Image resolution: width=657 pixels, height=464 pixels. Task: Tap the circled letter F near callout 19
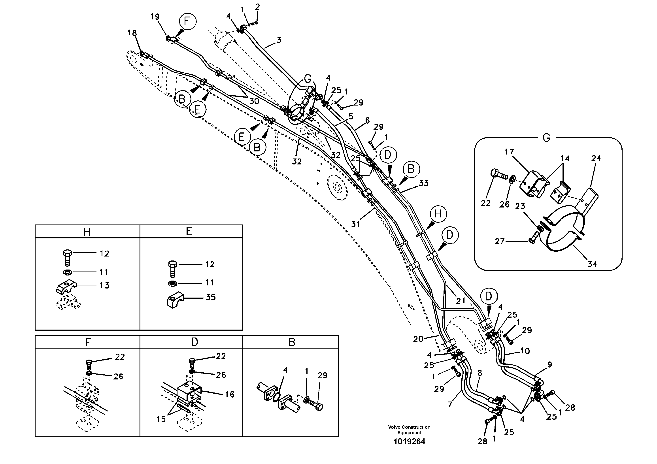tap(187, 21)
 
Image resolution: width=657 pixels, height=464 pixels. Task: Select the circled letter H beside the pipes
tap(438, 214)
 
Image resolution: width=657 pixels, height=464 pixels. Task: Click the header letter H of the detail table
tap(87, 232)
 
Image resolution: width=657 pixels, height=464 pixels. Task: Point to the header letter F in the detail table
tap(88, 342)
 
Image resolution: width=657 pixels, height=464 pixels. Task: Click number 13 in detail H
tap(104, 285)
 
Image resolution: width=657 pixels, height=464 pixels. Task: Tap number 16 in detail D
tap(230, 394)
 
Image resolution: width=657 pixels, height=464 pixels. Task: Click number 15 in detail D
tap(161, 419)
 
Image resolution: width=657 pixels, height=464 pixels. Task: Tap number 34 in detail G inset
tap(592, 264)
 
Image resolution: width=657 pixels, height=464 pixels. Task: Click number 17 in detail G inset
tap(509, 152)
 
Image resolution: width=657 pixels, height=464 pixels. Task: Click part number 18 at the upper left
tap(132, 33)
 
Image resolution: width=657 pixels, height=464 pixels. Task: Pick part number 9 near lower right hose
tap(549, 364)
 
